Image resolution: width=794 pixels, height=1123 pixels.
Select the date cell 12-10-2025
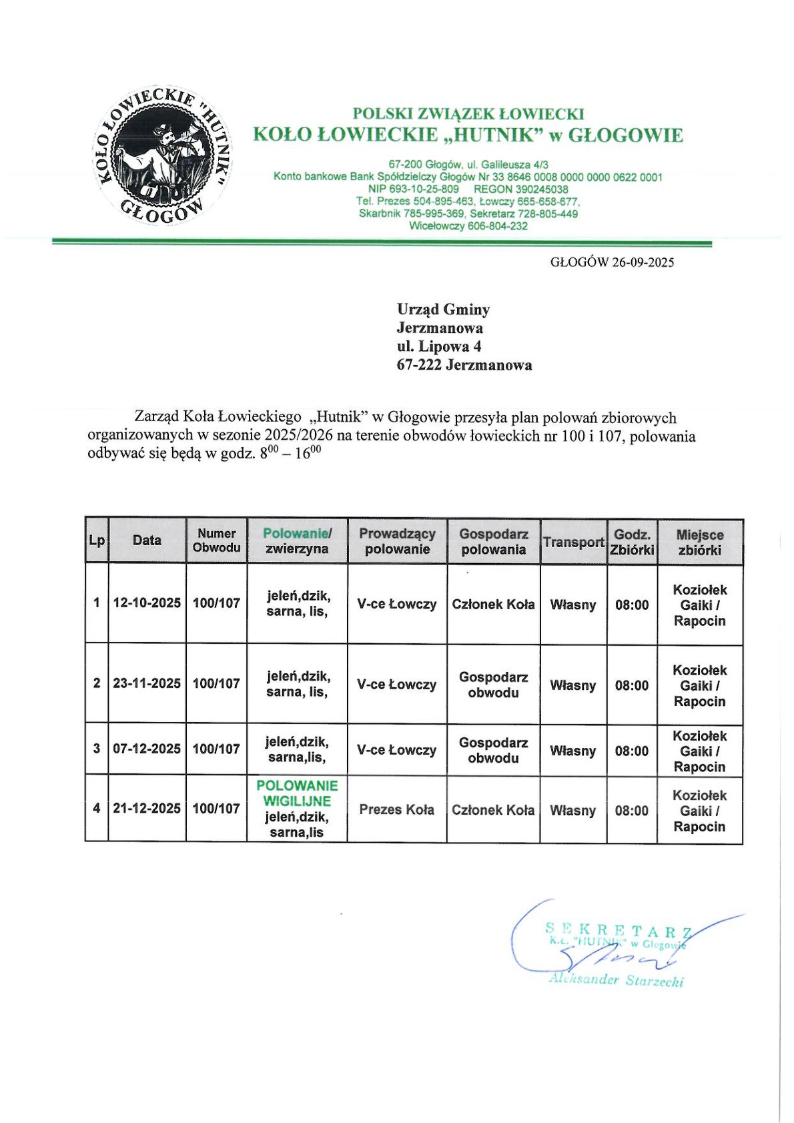click(147, 603)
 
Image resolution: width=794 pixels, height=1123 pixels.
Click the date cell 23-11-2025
click(147, 683)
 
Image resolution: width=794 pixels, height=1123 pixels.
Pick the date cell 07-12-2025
click(147, 749)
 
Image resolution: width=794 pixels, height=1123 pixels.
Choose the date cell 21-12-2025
click(147, 809)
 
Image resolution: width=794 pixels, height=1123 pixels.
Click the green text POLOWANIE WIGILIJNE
click(297, 793)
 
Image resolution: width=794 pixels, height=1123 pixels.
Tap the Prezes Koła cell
click(397, 810)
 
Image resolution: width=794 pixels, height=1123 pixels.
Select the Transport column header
click(573, 542)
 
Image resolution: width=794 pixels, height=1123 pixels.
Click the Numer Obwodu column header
click(217, 540)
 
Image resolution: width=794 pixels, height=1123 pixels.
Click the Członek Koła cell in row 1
click(493, 605)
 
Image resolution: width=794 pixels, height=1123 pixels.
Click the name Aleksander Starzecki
click(616, 980)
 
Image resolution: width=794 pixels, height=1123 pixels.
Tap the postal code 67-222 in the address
click(419, 365)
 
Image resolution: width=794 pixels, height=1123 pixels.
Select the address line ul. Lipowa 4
click(439, 346)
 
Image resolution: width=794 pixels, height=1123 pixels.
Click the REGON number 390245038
click(540, 190)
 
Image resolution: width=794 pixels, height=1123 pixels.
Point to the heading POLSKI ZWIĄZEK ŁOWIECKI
click(468, 114)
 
